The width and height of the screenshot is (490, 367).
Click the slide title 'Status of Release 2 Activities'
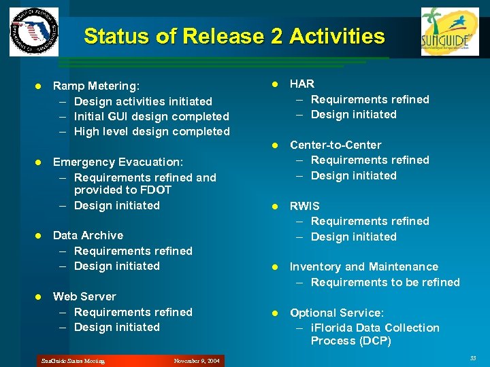(234, 36)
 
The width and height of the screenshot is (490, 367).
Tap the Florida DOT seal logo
(34, 32)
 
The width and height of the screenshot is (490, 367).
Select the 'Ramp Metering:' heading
(96, 86)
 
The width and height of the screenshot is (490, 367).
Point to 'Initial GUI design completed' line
(151, 116)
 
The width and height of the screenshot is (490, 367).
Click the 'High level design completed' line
(151, 131)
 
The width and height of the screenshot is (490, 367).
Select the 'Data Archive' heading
(88, 235)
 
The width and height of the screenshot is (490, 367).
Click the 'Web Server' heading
(84, 296)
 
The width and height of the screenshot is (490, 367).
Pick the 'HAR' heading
(302, 84)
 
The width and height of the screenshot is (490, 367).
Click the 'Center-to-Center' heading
(336, 145)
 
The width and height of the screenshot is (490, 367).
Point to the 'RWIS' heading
(304, 206)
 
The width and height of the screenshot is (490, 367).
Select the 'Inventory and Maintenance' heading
(364, 266)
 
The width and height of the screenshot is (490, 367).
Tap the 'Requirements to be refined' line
(385, 282)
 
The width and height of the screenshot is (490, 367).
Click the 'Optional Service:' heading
(337, 313)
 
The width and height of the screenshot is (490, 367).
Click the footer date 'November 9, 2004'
(197, 361)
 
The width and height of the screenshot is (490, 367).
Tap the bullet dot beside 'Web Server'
(39, 297)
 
